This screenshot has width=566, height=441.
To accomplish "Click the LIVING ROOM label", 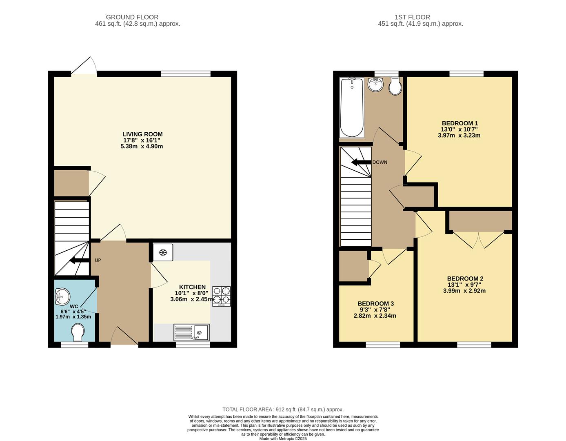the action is pos(142,134).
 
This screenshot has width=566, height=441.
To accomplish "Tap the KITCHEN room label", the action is pos(193,287).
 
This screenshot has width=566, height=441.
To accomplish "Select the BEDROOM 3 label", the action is pos(375,304).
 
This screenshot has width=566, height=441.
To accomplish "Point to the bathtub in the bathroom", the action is pos(352,107).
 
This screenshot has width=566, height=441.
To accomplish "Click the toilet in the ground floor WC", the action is pos(78,332).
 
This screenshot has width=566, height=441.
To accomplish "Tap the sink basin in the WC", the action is pos(62,296).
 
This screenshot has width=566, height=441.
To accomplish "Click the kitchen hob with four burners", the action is pos(222,296).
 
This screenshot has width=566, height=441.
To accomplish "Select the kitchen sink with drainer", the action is pos(191,332).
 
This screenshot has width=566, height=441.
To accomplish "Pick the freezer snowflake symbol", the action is pos(163,252).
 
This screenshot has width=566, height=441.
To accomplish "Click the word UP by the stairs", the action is pos(98,260).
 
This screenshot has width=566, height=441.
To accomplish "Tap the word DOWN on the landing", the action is pos(380,162).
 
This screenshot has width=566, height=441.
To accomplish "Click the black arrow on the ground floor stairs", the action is pos(80,260).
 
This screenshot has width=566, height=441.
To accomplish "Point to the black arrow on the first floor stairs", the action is pos(361,163).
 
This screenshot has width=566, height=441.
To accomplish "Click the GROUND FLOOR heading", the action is pos(132,17).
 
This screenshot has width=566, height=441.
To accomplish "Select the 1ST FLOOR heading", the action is pos(412,17).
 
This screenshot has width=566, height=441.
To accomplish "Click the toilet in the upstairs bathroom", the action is pos(395,86).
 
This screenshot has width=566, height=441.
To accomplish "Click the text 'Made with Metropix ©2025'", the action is pos(283,439).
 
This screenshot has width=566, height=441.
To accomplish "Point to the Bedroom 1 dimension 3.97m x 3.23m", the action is pos(459,136).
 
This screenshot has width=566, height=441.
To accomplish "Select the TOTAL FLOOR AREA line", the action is pos(283,410).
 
